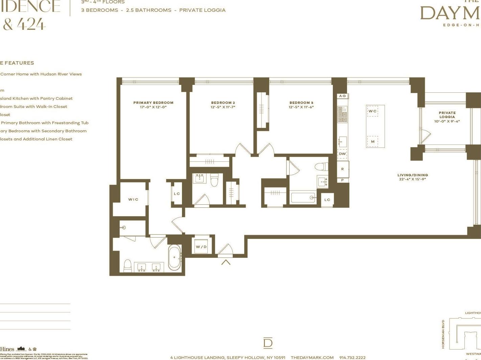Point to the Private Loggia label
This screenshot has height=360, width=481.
[447, 115]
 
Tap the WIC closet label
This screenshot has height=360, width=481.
[133, 200]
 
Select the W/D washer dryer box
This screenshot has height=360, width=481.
[201, 247]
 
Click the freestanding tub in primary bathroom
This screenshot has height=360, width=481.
[175, 258]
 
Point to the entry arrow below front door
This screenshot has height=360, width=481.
[226, 262]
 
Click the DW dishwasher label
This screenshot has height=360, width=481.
[342, 154]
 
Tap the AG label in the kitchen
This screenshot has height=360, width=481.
[342, 96]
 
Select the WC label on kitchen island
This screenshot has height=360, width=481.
[372, 111]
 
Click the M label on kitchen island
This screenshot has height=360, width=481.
[372, 141]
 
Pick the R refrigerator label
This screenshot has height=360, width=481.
[342, 169]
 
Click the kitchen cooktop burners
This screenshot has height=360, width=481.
[342, 114]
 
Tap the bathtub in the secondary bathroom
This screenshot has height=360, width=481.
[303, 198]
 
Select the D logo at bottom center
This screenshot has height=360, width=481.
[268, 343]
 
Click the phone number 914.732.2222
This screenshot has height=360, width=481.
[352, 358]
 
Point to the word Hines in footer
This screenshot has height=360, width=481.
[7, 349]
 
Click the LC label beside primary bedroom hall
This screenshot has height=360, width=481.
[177, 194]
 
